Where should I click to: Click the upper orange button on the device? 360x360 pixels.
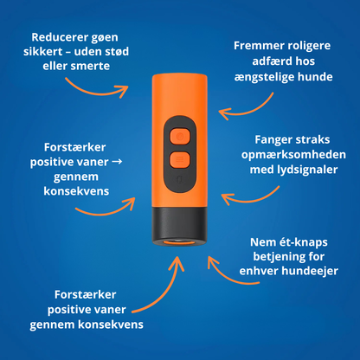[x=179, y=135]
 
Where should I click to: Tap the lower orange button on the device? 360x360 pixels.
[x=179, y=159]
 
